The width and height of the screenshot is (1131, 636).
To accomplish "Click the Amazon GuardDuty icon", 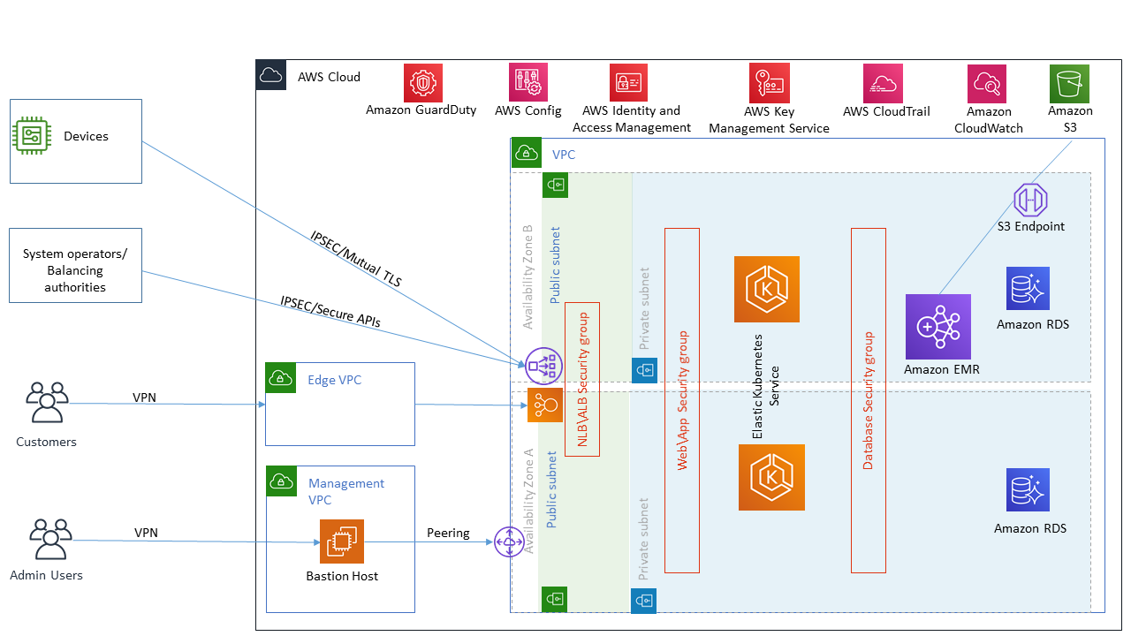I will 422,83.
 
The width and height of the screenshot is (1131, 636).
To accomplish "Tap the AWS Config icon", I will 528,82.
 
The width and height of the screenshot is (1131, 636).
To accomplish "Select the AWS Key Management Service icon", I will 768,82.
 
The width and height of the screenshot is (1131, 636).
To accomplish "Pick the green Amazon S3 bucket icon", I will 1069,84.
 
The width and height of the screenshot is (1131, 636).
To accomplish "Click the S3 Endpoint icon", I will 1030,200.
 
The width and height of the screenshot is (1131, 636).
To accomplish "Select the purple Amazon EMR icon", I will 937,327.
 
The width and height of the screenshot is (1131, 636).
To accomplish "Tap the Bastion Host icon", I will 341,541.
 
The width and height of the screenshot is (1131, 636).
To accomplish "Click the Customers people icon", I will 47,404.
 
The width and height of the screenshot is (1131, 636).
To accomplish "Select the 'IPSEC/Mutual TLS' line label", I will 355,258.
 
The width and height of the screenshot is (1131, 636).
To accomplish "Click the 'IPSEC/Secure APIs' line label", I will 330,311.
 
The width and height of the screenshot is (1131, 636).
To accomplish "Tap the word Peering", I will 448,534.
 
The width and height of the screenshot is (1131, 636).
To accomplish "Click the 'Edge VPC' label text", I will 334,380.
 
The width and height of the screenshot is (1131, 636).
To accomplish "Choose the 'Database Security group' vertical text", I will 868,400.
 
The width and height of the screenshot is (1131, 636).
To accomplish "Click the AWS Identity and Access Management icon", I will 628,83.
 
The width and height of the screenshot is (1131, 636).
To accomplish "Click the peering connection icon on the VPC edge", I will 510,541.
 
